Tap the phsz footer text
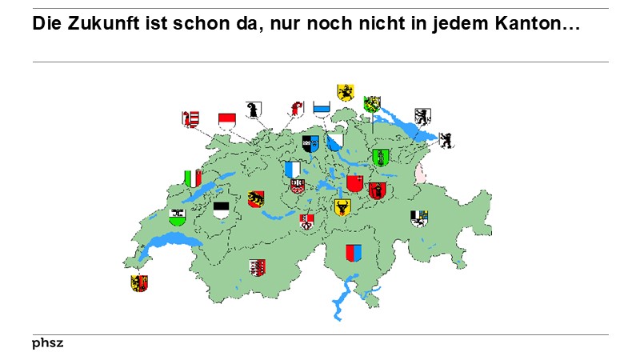click(x=47, y=343)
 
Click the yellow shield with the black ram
click(x=346, y=92)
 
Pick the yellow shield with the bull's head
click(x=342, y=208)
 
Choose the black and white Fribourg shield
click(x=222, y=210)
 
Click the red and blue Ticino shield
click(x=354, y=253)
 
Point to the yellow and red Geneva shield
click(x=139, y=283)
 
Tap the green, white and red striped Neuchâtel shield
click(x=193, y=178)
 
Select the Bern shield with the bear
click(x=256, y=199)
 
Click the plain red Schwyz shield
click(x=354, y=184)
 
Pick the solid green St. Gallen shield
click(x=381, y=157)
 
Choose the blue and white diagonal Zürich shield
click(x=334, y=142)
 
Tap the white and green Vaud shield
click(x=177, y=216)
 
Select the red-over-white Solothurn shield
click(x=227, y=120)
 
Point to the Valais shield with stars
click(x=256, y=267)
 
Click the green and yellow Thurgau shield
click(x=372, y=104)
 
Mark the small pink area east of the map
click(x=419, y=172)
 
